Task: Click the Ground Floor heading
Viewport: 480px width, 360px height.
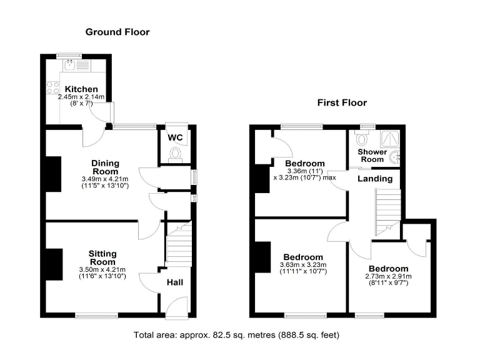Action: pos(117,32)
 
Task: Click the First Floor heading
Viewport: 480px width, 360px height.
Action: pos(341,102)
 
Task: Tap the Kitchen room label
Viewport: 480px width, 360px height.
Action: pos(81,89)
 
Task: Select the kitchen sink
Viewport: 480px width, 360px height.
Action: pos(71,63)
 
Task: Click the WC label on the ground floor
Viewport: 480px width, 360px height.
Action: pos(175,137)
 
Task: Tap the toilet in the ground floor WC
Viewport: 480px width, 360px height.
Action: pos(175,154)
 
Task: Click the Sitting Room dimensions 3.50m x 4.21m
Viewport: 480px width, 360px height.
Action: pos(102,269)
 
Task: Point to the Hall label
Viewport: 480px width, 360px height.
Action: pos(174,282)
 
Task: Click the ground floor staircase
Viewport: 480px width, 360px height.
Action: pos(177,247)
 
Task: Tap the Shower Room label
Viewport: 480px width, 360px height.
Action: pos(371,156)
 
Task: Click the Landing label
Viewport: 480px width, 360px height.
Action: pos(375,179)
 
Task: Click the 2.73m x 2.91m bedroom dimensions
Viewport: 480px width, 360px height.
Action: pos(388,276)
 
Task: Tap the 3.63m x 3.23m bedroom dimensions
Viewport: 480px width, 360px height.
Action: pos(303,265)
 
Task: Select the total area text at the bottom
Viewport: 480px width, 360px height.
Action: pos(236,336)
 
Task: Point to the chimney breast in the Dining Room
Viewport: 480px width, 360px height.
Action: pos(54,174)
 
